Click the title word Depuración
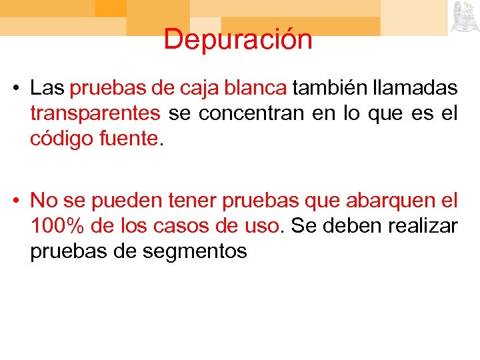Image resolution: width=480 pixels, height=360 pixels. tap(238, 39)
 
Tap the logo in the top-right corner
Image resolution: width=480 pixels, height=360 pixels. tap(463, 17)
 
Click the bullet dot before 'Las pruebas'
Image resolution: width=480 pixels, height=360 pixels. tap(20, 89)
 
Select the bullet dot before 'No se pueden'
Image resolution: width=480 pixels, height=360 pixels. tap(20, 201)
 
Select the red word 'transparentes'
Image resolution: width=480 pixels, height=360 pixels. tap(95, 114)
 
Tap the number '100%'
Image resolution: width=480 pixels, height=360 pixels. tap(56, 225)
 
